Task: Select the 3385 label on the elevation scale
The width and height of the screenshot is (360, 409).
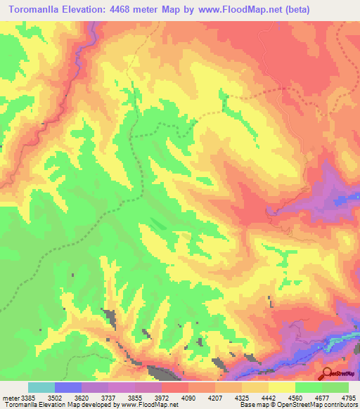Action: pyautogui.click(x=29, y=396)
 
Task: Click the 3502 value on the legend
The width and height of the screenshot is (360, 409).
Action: pyautogui.click(x=55, y=396)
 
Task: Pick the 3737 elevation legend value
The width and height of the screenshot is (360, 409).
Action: pyautogui.click(x=108, y=396)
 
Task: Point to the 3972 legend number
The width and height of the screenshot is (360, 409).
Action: pyautogui.click(x=161, y=396)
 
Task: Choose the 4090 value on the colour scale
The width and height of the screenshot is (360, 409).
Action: pyautogui.click(x=188, y=396)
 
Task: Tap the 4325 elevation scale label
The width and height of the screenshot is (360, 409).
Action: pyautogui.click(x=241, y=396)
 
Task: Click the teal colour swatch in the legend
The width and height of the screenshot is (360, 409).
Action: pyautogui.click(x=41, y=387)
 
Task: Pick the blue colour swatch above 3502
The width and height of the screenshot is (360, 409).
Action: pyautogui.click(x=68, y=387)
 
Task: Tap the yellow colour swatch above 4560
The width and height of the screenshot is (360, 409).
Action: pyautogui.click(x=281, y=387)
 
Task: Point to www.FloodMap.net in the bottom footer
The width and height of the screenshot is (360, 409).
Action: pyautogui.click(x=150, y=405)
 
